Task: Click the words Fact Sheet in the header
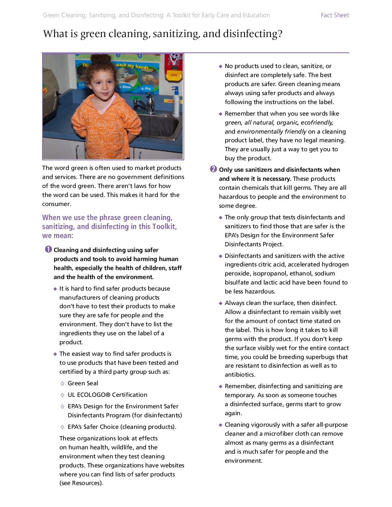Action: pos(335,15)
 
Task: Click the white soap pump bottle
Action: pos(175,103)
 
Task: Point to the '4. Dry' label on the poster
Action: pos(146,88)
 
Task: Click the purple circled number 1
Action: pos(48,250)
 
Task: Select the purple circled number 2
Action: pos(213,169)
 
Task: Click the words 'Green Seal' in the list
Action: pos(83,383)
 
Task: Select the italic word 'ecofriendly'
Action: pos(317,122)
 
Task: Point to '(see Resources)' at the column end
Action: pos(81,483)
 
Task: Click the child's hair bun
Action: pos(101,59)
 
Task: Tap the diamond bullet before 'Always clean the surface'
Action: pos(220,303)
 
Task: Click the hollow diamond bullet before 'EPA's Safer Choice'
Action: pos(62,427)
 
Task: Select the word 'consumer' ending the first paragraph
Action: pos(56,204)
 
